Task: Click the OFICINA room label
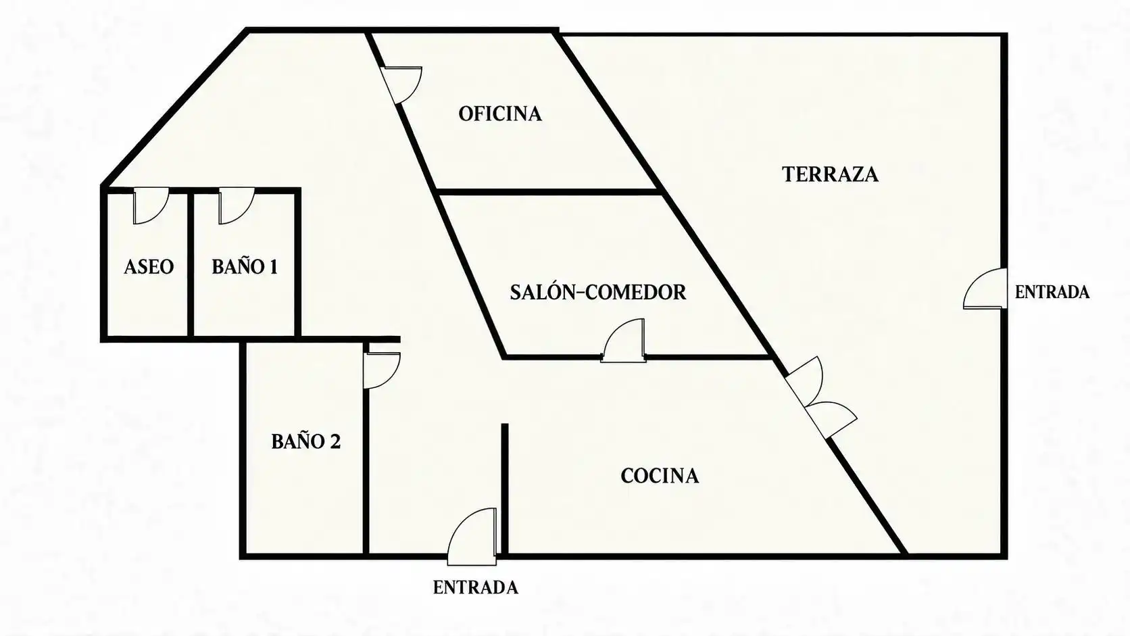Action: [500, 114]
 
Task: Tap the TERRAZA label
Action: [831, 174]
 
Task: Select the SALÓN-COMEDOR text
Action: [598, 293]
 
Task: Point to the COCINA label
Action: [660, 476]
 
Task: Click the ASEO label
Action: [149, 267]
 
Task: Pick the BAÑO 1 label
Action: [245, 267]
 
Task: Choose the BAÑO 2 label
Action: [305, 442]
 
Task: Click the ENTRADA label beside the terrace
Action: [1052, 292]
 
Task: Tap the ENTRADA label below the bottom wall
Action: [475, 587]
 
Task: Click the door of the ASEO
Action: [151, 205]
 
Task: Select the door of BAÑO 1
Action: [237, 205]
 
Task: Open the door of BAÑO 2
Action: [382, 370]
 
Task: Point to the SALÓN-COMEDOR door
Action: [623, 341]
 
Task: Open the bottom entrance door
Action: [472, 537]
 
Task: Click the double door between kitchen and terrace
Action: [821, 397]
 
